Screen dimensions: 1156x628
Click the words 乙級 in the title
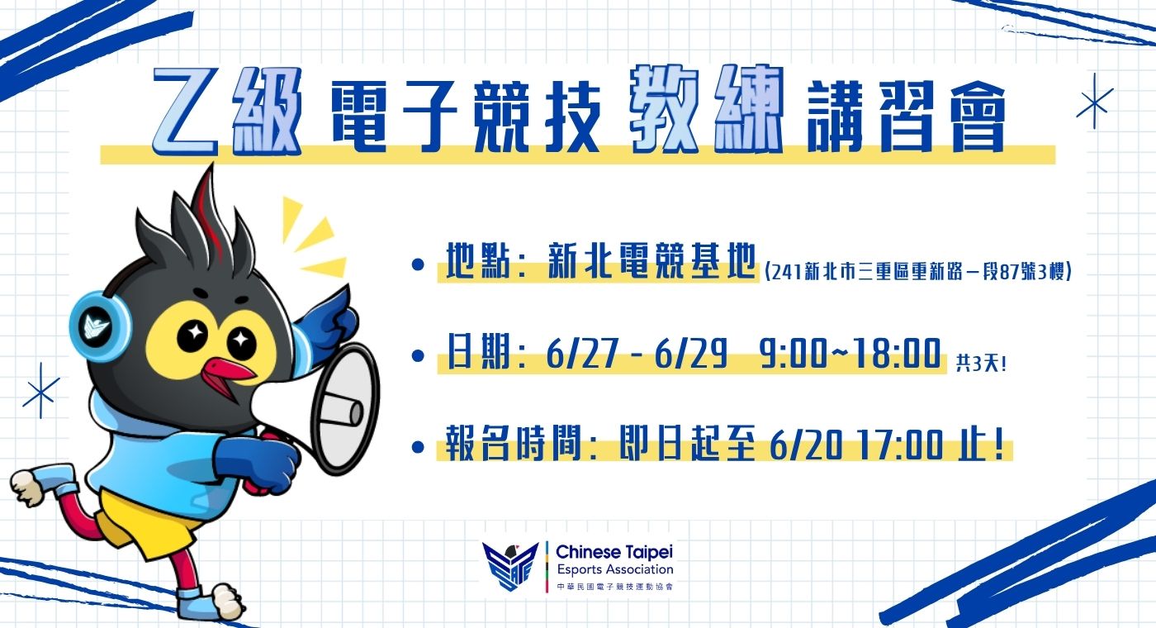[227, 111]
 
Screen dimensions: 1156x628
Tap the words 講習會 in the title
[907, 117]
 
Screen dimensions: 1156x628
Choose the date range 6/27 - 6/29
[637, 354]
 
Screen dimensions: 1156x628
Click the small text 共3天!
[981, 364]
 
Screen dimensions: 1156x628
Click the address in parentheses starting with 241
[918, 272]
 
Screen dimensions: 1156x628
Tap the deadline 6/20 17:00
[857, 445]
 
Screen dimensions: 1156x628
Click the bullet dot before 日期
[418, 356]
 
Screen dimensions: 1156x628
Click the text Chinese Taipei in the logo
[614, 552]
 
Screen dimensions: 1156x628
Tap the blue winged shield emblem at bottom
[509, 566]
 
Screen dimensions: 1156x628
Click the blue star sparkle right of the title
[1094, 101]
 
